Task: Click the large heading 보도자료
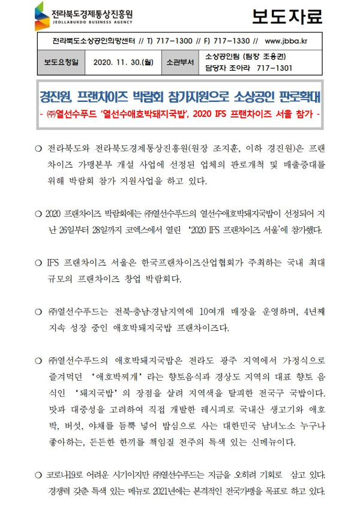286,16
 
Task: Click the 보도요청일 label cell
61,62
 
